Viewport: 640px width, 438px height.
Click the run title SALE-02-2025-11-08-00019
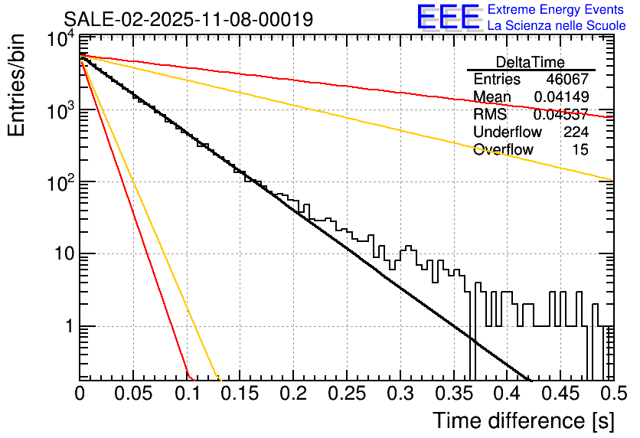click(188, 19)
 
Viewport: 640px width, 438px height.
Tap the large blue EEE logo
click(448, 18)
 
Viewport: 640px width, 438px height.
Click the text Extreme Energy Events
click(557, 10)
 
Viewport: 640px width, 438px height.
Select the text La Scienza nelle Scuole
click(557, 25)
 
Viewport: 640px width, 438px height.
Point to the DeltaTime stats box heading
click(531, 62)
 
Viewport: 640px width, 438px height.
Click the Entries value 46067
click(567, 80)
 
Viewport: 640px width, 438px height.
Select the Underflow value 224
click(576, 132)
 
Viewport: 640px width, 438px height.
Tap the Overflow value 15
click(580, 150)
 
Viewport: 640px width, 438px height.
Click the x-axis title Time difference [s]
click(522, 420)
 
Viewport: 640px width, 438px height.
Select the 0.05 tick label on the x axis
click(133, 394)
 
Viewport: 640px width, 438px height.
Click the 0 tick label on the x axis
click(80, 394)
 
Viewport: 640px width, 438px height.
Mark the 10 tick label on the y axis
click(60, 254)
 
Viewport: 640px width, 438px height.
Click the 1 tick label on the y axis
click(66, 326)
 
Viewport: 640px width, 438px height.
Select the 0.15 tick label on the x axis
click(240, 394)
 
